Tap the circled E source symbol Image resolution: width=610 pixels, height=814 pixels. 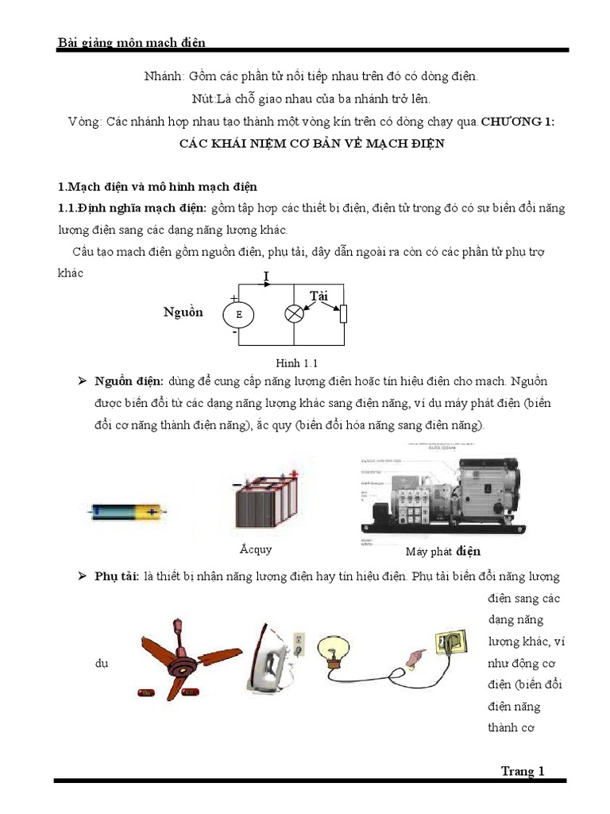click(238, 315)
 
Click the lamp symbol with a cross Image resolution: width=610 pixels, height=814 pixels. click(295, 314)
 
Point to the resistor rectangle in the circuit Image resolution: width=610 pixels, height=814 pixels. click(343, 314)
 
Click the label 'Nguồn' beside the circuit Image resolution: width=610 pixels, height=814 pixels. click(183, 312)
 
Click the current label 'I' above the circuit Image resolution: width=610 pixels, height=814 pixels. click(266, 276)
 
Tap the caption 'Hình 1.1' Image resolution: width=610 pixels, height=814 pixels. click(291, 363)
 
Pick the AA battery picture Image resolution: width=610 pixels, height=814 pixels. click(128, 511)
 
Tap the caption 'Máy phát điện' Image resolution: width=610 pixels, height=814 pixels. click(442, 552)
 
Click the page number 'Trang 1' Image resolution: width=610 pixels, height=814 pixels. click(522, 770)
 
